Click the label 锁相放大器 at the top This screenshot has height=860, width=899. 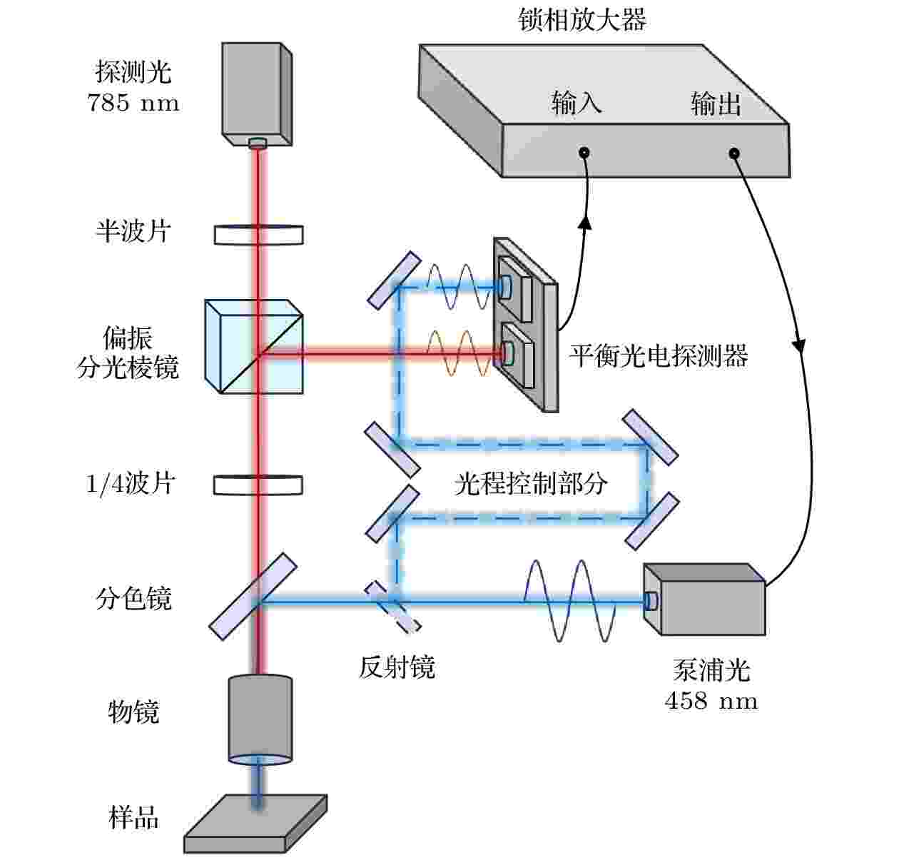(582, 20)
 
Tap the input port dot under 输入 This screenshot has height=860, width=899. (584, 153)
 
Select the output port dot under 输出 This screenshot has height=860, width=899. (734, 153)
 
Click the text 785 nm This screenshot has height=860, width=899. (133, 103)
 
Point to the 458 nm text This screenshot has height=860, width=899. (711, 701)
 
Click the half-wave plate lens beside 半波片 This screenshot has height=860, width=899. (259, 235)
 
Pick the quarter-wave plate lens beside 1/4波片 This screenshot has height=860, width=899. (258, 485)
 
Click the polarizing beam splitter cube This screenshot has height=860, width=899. (254, 347)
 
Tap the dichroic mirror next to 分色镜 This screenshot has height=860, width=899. (253, 596)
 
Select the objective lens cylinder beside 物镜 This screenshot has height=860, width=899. (260, 719)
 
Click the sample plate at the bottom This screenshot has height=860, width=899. (255, 823)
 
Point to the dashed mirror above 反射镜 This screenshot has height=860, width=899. (392, 607)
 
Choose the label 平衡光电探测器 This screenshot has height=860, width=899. (659, 356)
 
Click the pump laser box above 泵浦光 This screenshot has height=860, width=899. (704, 600)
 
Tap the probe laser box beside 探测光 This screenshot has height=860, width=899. (257, 94)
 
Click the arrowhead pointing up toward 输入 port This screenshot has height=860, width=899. (585, 223)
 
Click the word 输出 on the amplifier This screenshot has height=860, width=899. (716, 103)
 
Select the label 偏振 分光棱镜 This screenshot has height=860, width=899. (128, 352)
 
